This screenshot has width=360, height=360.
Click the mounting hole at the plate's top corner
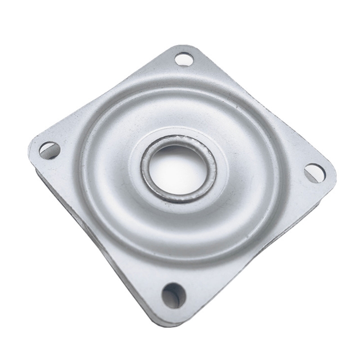click(184, 59)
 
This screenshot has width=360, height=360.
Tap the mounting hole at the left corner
click(49, 150)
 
